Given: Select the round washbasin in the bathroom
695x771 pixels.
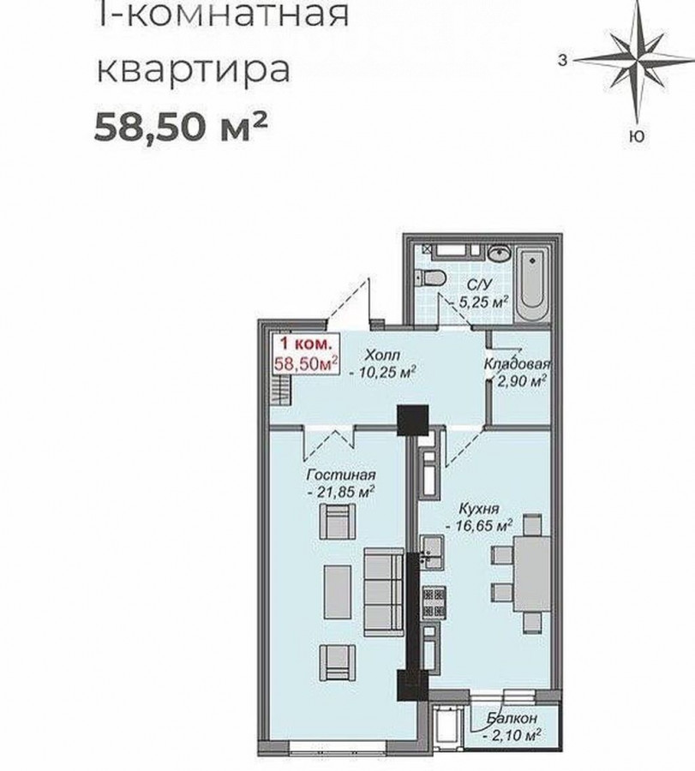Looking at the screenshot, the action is [500, 254].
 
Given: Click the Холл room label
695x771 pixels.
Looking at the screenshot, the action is [383, 355].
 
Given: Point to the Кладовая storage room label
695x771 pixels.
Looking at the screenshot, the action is [517, 364].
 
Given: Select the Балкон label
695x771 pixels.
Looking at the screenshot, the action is [512, 719].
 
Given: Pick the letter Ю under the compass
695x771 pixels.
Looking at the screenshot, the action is [637, 137].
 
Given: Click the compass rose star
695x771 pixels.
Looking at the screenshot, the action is [638, 61].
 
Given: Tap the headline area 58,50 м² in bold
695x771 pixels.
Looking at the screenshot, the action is [181, 127].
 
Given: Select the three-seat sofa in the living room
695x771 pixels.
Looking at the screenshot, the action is [384, 592].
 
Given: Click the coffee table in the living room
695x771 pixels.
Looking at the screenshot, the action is [338, 591].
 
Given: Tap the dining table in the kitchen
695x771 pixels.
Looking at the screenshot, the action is [533, 573].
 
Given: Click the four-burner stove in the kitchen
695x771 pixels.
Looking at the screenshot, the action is [434, 603].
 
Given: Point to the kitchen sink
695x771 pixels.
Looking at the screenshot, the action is [433, 553].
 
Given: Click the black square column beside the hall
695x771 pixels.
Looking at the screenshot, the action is [413, 421].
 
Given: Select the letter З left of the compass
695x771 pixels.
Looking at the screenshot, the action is [563, 61].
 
